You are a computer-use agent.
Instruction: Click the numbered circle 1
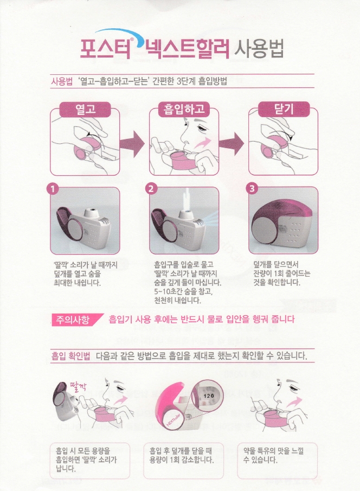tap(52, 189)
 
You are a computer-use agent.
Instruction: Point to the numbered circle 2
tap(151, 189)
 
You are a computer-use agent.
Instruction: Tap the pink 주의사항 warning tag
tap(70, 318)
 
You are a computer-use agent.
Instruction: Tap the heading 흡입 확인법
tap(70, 357)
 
